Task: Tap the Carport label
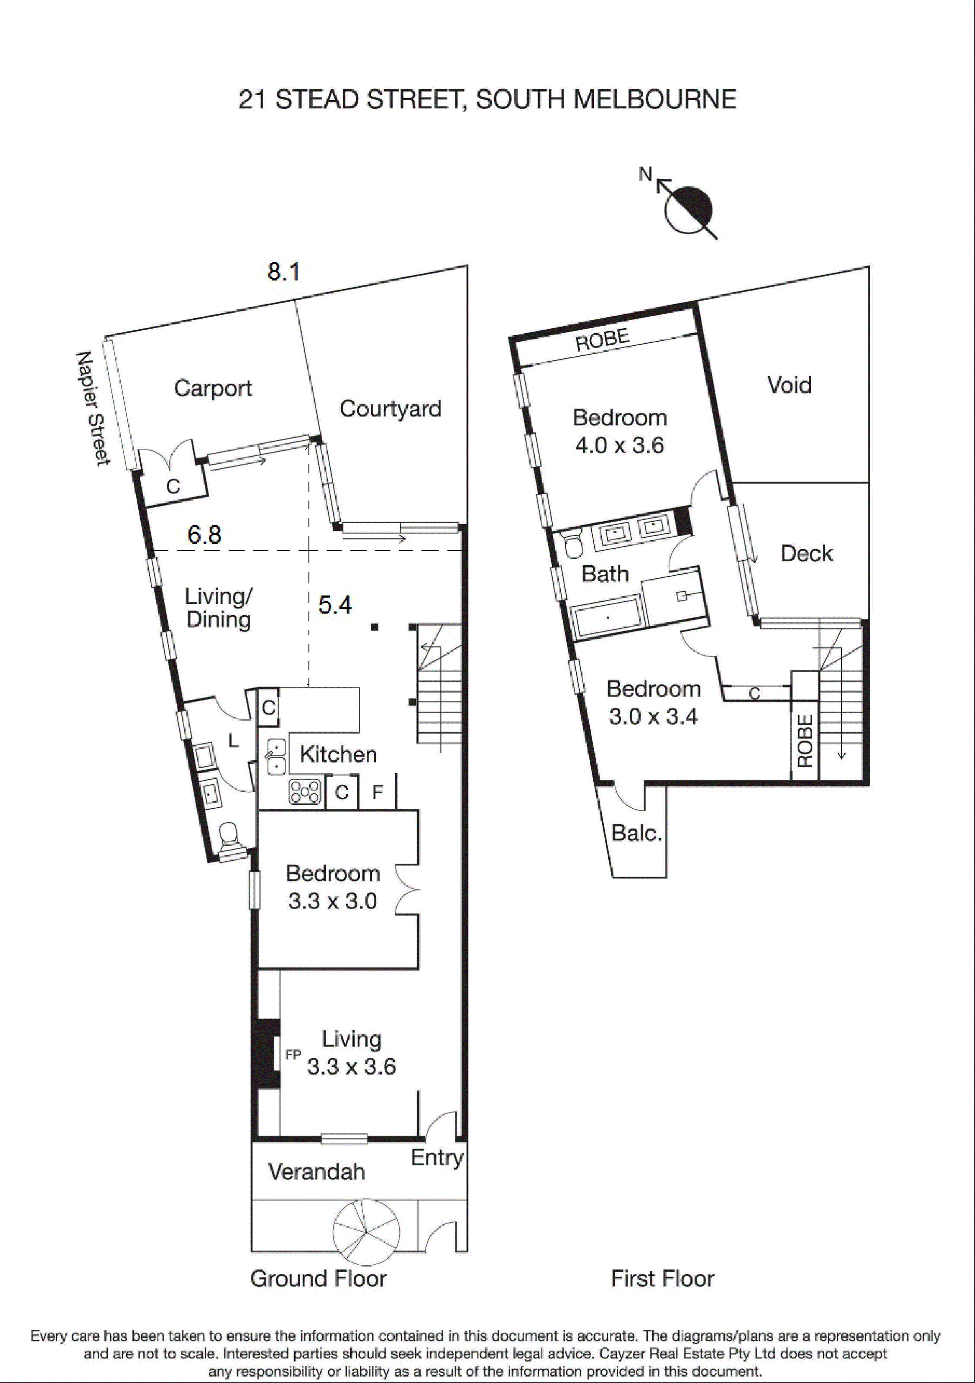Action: tap(213, 388)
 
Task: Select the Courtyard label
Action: tap(390, 409)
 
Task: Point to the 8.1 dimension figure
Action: tap(283, 272)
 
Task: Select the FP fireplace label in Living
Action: tap(292, 1054)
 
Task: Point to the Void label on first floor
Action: tap(789, 385)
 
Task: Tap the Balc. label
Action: tap(636, 834)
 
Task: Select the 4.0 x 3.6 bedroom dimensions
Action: tap(619, 446)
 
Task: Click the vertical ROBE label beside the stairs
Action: tap(805, 741)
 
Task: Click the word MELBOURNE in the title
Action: tap(654, 99)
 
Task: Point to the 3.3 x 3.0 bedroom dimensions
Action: tap(333, 902)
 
